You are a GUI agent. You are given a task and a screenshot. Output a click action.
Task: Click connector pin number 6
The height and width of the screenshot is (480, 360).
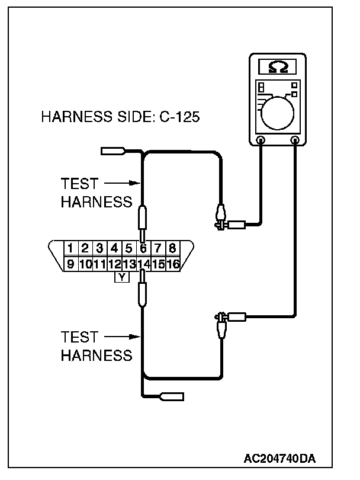(x=143, y=248)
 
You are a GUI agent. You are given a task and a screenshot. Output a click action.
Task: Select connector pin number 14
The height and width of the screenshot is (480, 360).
(x=143, y=264)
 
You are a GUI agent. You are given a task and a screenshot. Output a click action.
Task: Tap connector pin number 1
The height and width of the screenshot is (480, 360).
(x=70, y=248)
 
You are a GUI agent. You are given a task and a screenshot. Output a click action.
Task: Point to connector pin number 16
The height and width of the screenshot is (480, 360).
(x=173, y=264)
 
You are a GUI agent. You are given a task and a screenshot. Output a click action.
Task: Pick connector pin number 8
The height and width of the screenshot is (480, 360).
(x=172, y=248)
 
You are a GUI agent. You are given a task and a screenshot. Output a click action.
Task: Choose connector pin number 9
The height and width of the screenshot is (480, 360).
(x=70, y=264)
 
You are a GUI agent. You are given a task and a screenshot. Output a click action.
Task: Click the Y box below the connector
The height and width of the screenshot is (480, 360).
(x=121, y=277)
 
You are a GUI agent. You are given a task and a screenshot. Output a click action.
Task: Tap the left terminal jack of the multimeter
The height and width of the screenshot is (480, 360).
(x=261, y=140)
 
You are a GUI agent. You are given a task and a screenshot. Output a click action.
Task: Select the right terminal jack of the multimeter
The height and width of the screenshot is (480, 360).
(x=295, y=140)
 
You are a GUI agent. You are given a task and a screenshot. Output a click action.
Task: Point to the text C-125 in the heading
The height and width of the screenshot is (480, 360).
(x=180, y=117)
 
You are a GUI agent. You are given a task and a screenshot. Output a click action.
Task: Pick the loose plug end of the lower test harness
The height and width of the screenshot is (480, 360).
(x=172, y=396)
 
